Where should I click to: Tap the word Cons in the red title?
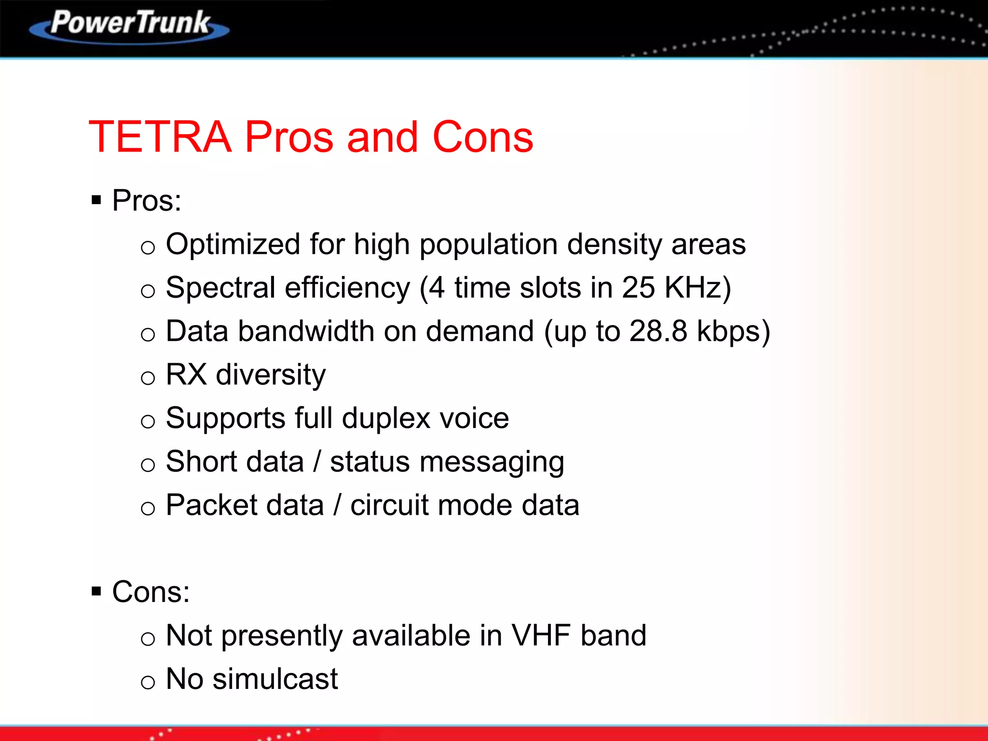coord(482,137)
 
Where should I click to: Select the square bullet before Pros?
coord(96,200)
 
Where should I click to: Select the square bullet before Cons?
coord(96,591)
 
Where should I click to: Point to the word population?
coord(489,245)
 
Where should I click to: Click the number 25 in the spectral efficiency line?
coord(638,288)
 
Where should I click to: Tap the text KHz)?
coord(698,288)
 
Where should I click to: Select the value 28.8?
coord(658,331)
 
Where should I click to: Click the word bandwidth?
coord(306,331)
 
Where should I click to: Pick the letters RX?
coord(186,374)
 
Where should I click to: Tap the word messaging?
coord(492,462)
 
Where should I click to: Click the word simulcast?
coord(275,679)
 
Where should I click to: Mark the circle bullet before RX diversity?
coord(148,378)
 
